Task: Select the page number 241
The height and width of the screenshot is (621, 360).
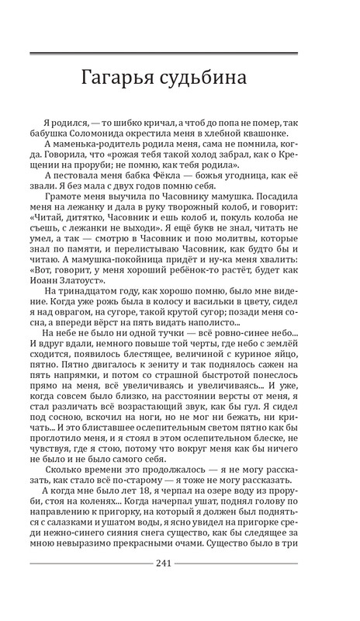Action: point(179,563)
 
